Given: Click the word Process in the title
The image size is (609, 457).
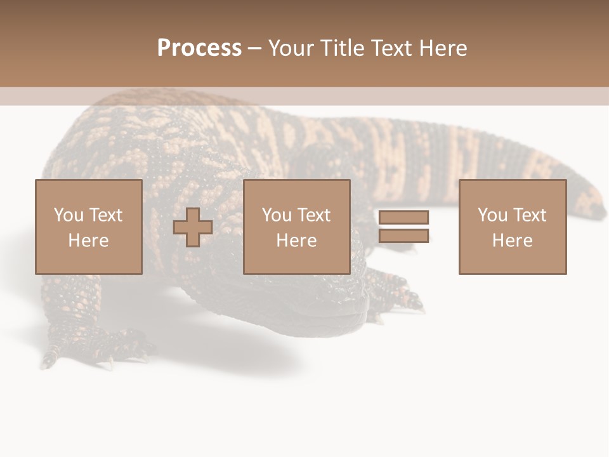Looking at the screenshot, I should click(199, 48).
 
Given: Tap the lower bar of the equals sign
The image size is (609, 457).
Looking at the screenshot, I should click(403, 236).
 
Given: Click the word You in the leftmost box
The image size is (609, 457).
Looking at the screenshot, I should click(69, 215).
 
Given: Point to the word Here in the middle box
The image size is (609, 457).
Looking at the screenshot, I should click(297, 241).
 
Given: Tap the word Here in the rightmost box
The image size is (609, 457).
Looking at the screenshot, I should click(513, 241).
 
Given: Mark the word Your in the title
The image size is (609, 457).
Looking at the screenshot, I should click(289, 48).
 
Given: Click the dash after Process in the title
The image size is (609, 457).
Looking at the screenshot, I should click(254, 48).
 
